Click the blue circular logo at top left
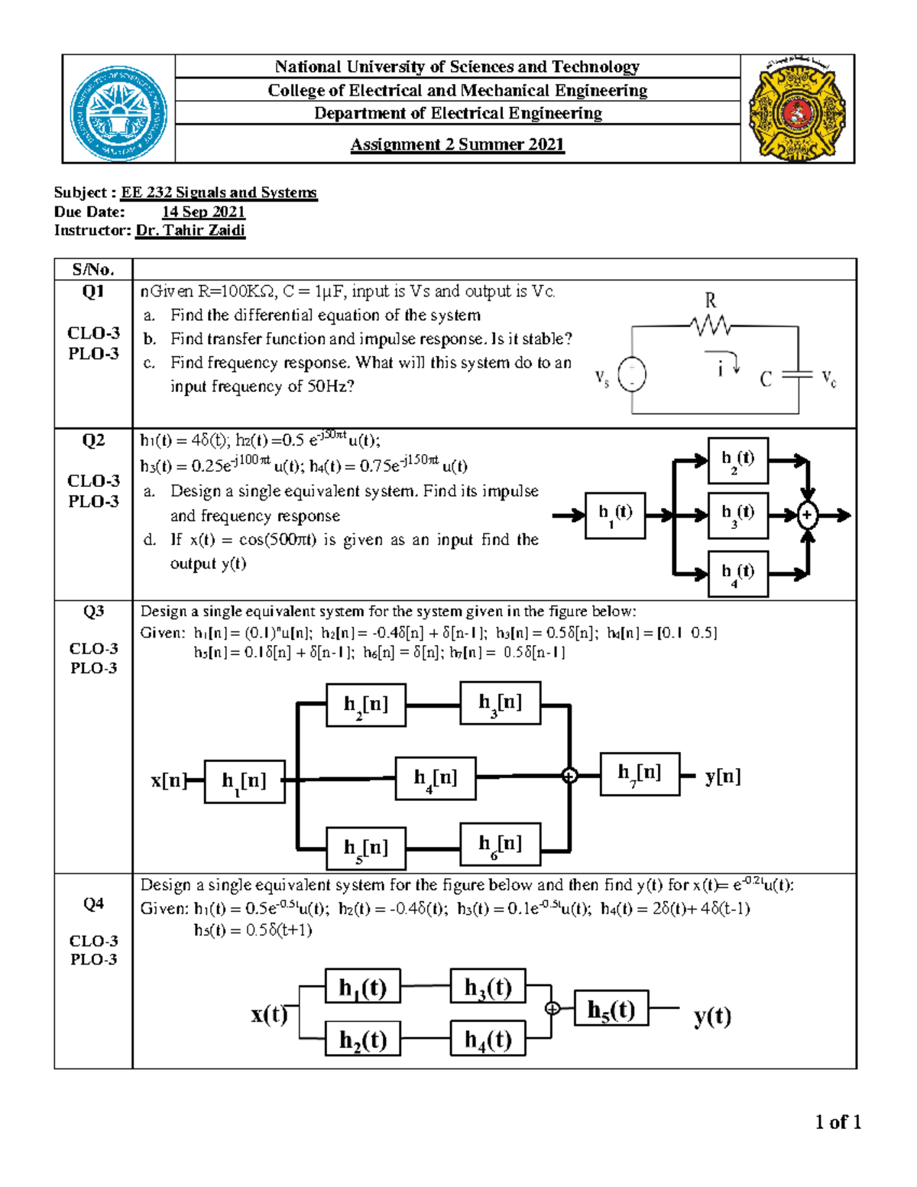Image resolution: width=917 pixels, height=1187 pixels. pos(118,112)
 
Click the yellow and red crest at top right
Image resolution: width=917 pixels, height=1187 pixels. pos(797,109)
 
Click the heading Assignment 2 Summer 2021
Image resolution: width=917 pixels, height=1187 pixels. pos(457,144)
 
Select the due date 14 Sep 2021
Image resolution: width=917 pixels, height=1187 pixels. pos(203,212)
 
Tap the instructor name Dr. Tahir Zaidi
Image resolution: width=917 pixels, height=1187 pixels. pos(190,230)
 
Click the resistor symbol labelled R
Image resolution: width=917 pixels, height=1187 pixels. pos(710,326)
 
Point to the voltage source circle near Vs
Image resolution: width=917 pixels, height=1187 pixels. pos(631,375)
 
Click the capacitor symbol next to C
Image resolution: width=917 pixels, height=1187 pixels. pos(798,375)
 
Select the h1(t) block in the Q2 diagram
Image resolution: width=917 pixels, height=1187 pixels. pos(615,516)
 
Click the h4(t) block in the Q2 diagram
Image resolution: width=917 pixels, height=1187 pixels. pos(737,573)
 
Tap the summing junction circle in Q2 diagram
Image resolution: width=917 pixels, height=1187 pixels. pos(807,515)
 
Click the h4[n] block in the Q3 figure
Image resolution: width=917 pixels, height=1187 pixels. pos(436,778)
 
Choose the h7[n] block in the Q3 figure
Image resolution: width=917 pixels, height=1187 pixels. pos(640,773)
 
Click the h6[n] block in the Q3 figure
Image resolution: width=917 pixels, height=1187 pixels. pos(500,844)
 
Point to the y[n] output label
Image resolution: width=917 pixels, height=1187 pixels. pos(722,777)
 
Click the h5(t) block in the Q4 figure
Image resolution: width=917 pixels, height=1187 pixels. pos(611,1010)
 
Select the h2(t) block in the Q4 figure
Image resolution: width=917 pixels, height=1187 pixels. pos(363,1039)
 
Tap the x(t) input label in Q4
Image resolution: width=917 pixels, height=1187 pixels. pos(269,1014)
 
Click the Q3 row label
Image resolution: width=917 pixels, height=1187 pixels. pos(93,611)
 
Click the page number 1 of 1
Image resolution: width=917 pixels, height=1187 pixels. pos(838,1122)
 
